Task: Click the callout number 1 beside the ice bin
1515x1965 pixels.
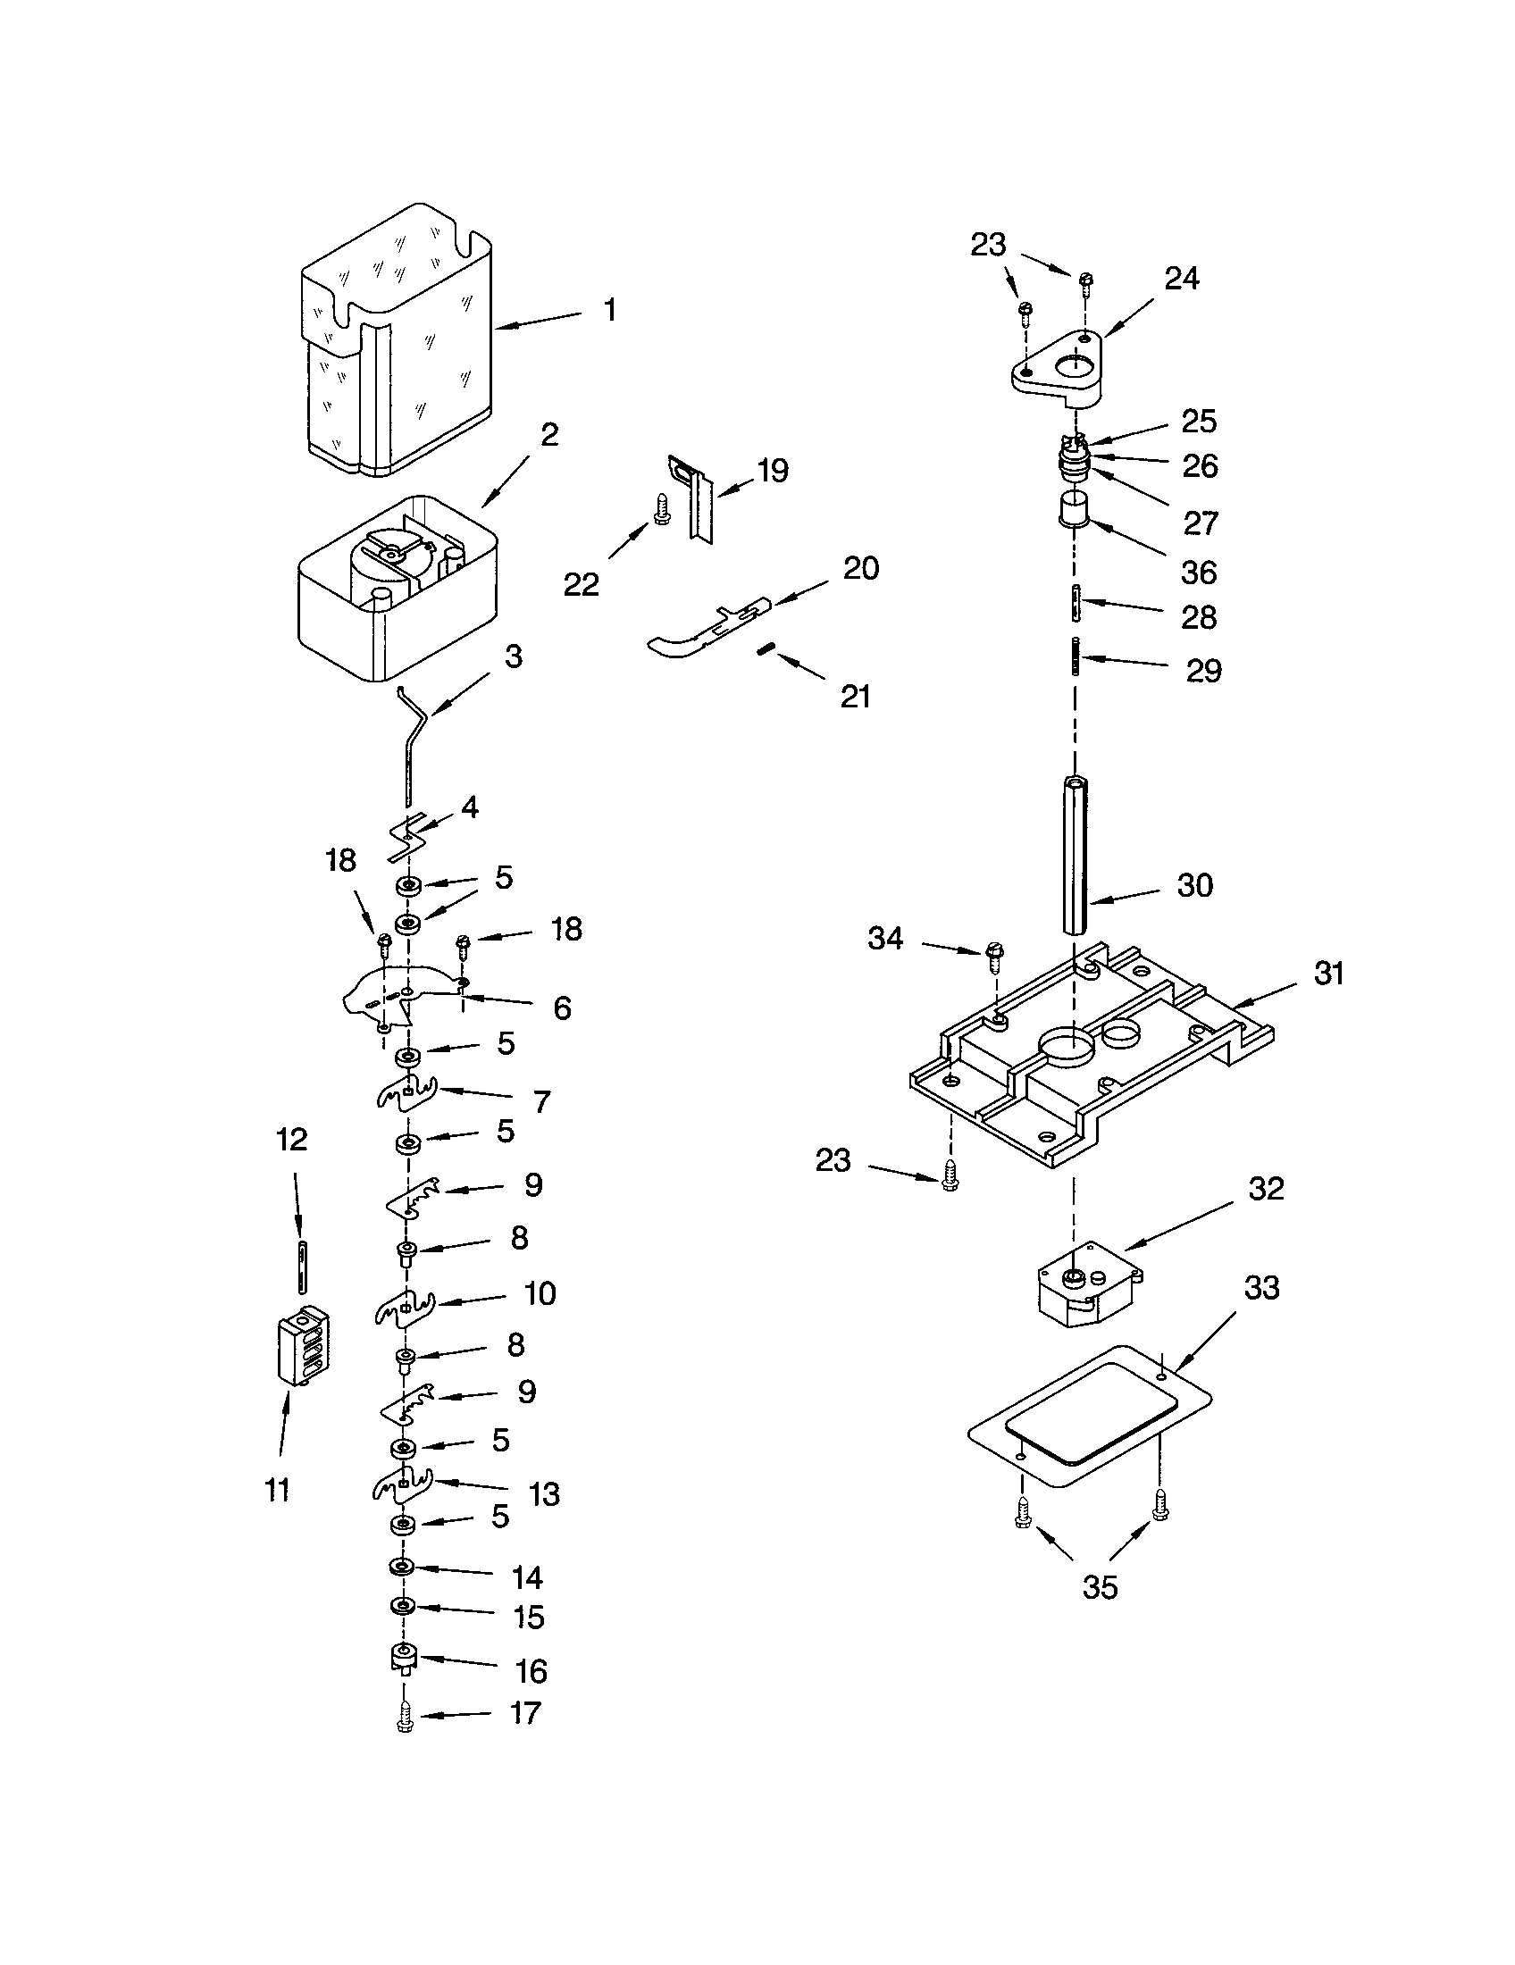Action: [x=610, y=311]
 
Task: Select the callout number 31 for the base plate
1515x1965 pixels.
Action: [x=1329, y=974]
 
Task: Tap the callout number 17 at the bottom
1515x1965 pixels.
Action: [x=525, y=1712]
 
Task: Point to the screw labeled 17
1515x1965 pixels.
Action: [x=405, y=1718]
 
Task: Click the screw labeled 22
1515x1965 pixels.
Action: [x=663, y=508]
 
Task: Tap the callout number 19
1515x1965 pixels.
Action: [x=773, y=470]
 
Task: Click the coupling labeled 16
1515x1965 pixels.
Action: [x=405, y=1657]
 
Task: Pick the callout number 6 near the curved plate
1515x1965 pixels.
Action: [x=561, y=1008]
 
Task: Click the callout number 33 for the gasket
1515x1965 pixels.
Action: [x=1261, y=1288]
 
